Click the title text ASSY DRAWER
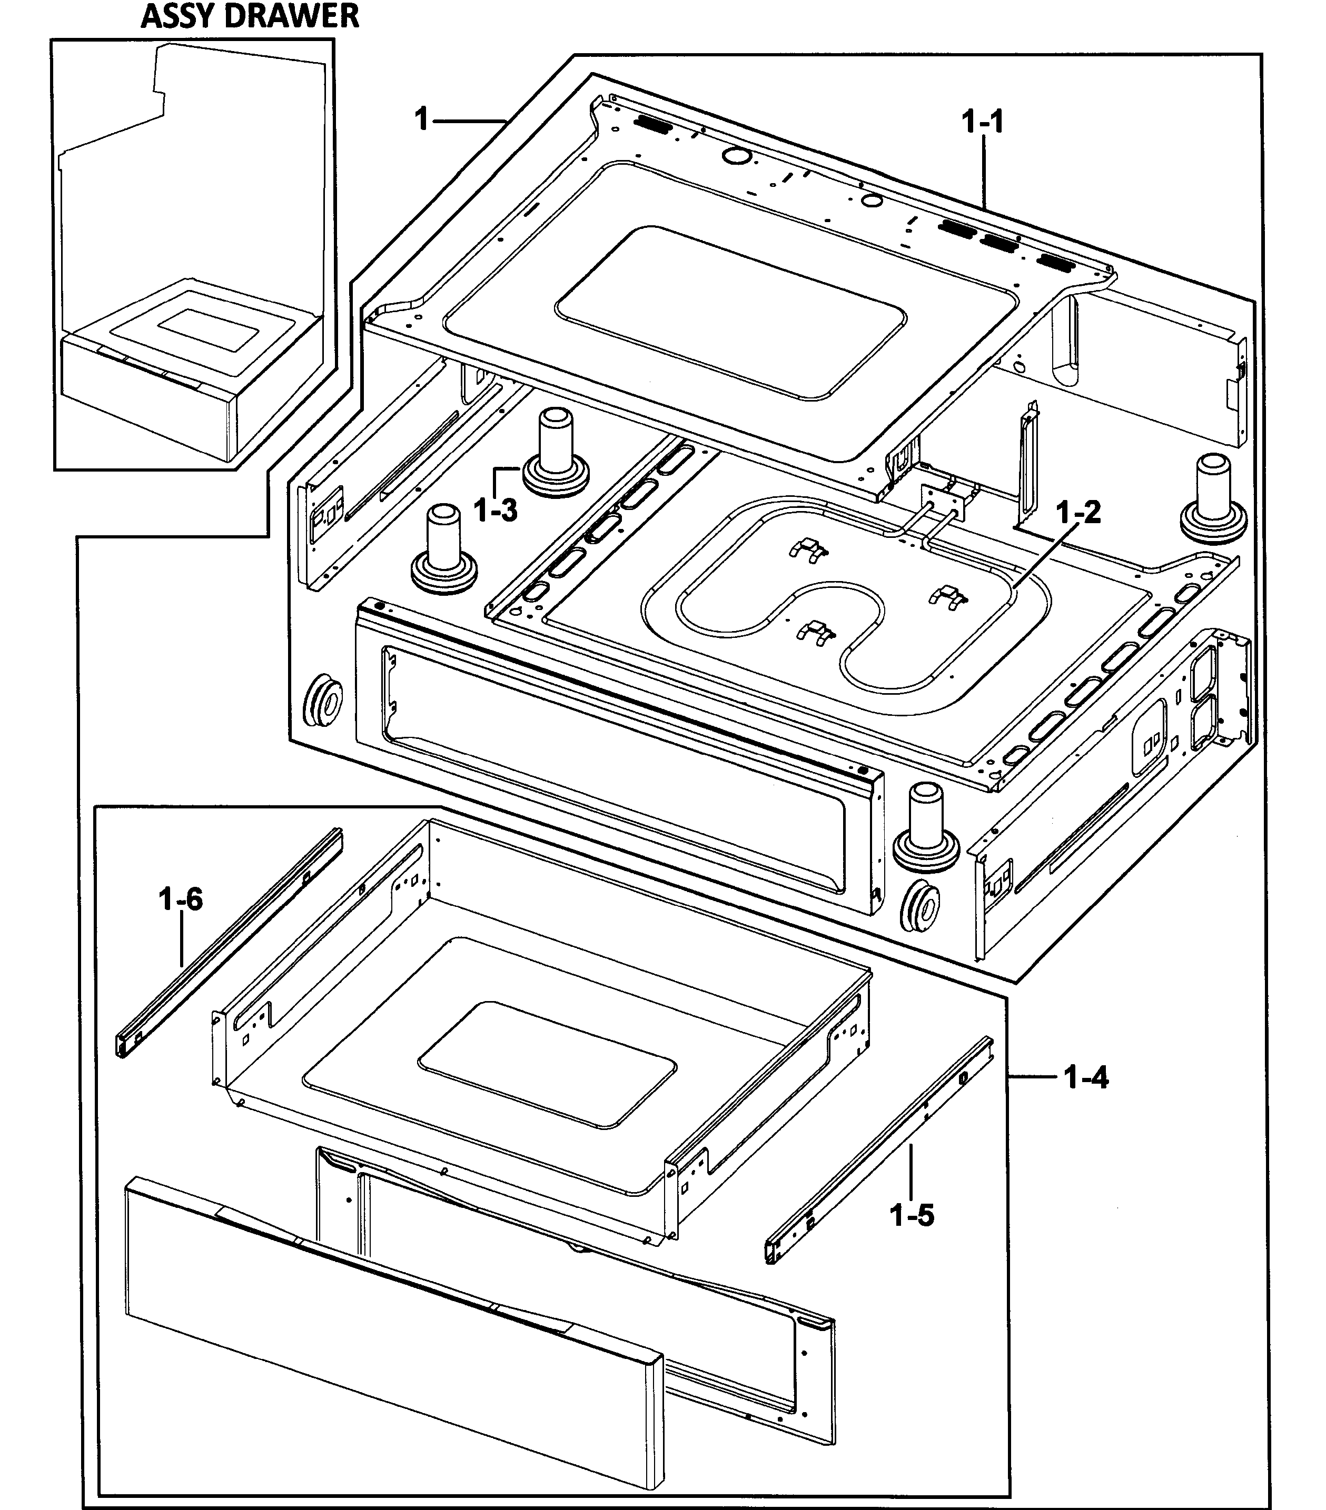[250, 16]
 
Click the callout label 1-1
[983, 122]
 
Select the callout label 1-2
[1078, 512]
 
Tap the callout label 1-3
[495, 509]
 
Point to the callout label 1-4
[1086, 1078]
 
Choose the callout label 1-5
[912, 1215]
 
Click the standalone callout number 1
[422, 119]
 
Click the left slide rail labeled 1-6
[229, 942]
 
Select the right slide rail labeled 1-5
[879, 1149]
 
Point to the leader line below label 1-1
[984, 174]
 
